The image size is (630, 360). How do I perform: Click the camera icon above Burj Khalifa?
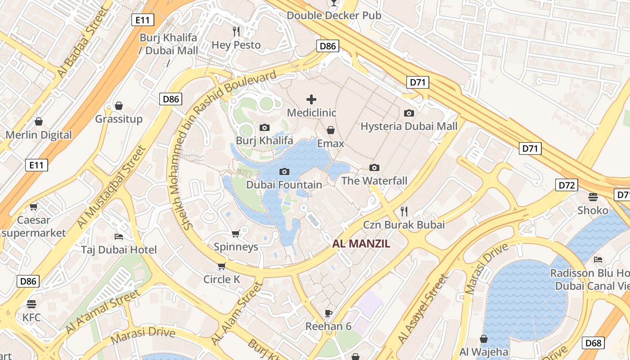pyautogui.click(x=265, y=128)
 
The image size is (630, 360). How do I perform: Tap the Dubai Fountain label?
pyautogui.click(x=284, y=184)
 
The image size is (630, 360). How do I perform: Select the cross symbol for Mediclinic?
pyautogui.click(x=311, y=99)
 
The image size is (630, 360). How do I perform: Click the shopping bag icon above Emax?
pyautogui.click(x=331, y=130)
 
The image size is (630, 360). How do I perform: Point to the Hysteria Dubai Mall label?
pyautogui.click(x=409, y=126)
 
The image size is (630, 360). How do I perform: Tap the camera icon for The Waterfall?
pyautogui.click(x=374, y=168)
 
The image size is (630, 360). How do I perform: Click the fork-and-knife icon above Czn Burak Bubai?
pyautogui.click(x=404, y=211)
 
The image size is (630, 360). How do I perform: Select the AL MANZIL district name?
pyautogui.click(x=361, y=244)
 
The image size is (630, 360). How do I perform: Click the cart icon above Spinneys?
pyautogui.click(x=235, y=234)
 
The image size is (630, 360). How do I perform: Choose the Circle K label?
pyautogui.click(x=221, y=279)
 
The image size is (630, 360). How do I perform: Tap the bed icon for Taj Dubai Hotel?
pyautogui.click(x=119, y=236)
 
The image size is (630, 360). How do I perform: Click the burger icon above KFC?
pyautogui.click(x=31, y=304)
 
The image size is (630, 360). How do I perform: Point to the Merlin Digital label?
pyautogui.click(x=39, y=135)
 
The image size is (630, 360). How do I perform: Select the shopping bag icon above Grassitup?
pyautogui.click(x=119, y=106)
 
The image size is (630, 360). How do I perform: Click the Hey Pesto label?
pyautogui.click(x=236, y=45)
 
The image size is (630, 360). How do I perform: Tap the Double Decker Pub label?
pyautogui.click(x=333, y=15)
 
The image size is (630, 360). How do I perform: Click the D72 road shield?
pyautogui.click(x=566, y=185)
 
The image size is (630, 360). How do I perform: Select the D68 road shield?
pyautogui.click(x=593, y=343)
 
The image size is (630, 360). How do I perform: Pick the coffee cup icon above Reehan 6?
pyautogui.click(x=328, y=313)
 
